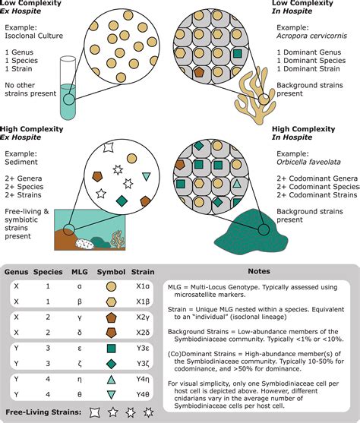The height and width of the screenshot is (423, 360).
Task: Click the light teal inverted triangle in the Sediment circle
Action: [x=147, y=177]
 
